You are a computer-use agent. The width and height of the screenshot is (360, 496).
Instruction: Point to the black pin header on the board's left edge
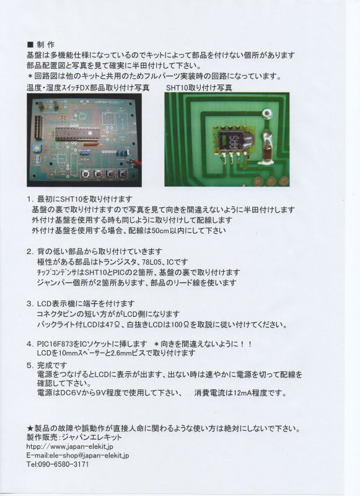39,128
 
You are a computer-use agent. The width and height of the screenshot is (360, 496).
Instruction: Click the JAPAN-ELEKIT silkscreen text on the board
108,102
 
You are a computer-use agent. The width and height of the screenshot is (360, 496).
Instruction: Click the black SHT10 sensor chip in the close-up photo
232,142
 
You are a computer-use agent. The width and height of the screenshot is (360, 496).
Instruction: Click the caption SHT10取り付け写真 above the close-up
199,88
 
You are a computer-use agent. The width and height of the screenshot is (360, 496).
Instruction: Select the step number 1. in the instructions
30,199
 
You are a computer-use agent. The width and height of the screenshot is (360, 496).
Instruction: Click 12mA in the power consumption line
242,393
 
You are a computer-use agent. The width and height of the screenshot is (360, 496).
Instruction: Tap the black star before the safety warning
30,428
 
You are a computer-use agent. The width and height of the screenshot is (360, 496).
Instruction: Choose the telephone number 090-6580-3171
63,464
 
